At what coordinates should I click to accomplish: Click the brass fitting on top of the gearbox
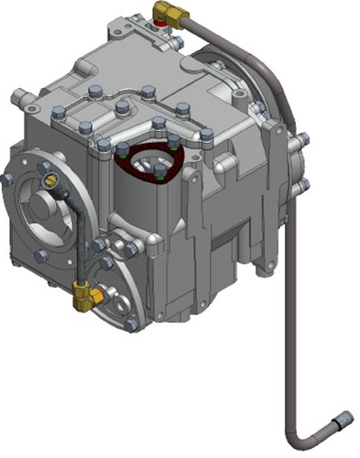pos(167,12)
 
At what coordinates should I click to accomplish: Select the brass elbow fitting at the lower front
pos(83,294)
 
